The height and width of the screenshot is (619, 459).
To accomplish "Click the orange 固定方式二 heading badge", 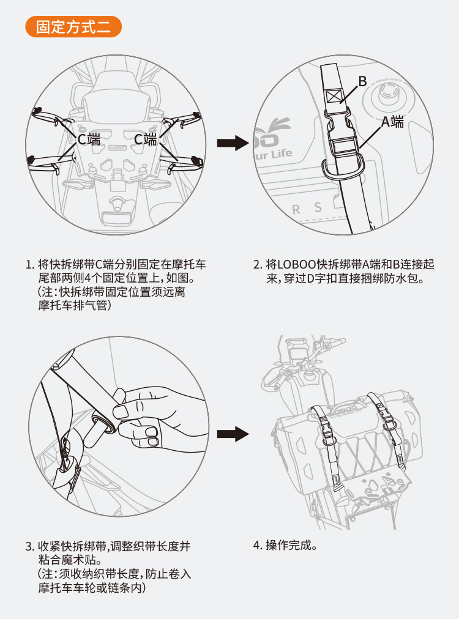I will pos(73,28).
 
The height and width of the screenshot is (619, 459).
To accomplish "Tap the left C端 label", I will pos(88,139).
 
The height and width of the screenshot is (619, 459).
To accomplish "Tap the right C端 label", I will pos(146,139).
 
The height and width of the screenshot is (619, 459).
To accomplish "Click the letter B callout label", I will pos(362,81).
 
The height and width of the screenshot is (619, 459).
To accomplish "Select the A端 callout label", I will pos(393,121).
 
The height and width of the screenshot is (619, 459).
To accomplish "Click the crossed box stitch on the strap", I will pos(335,96).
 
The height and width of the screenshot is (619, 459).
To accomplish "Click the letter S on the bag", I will pos(318,207).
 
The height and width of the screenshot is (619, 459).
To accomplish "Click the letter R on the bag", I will pos(296,210).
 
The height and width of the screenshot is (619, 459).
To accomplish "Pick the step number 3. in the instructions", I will pos(29,546).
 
